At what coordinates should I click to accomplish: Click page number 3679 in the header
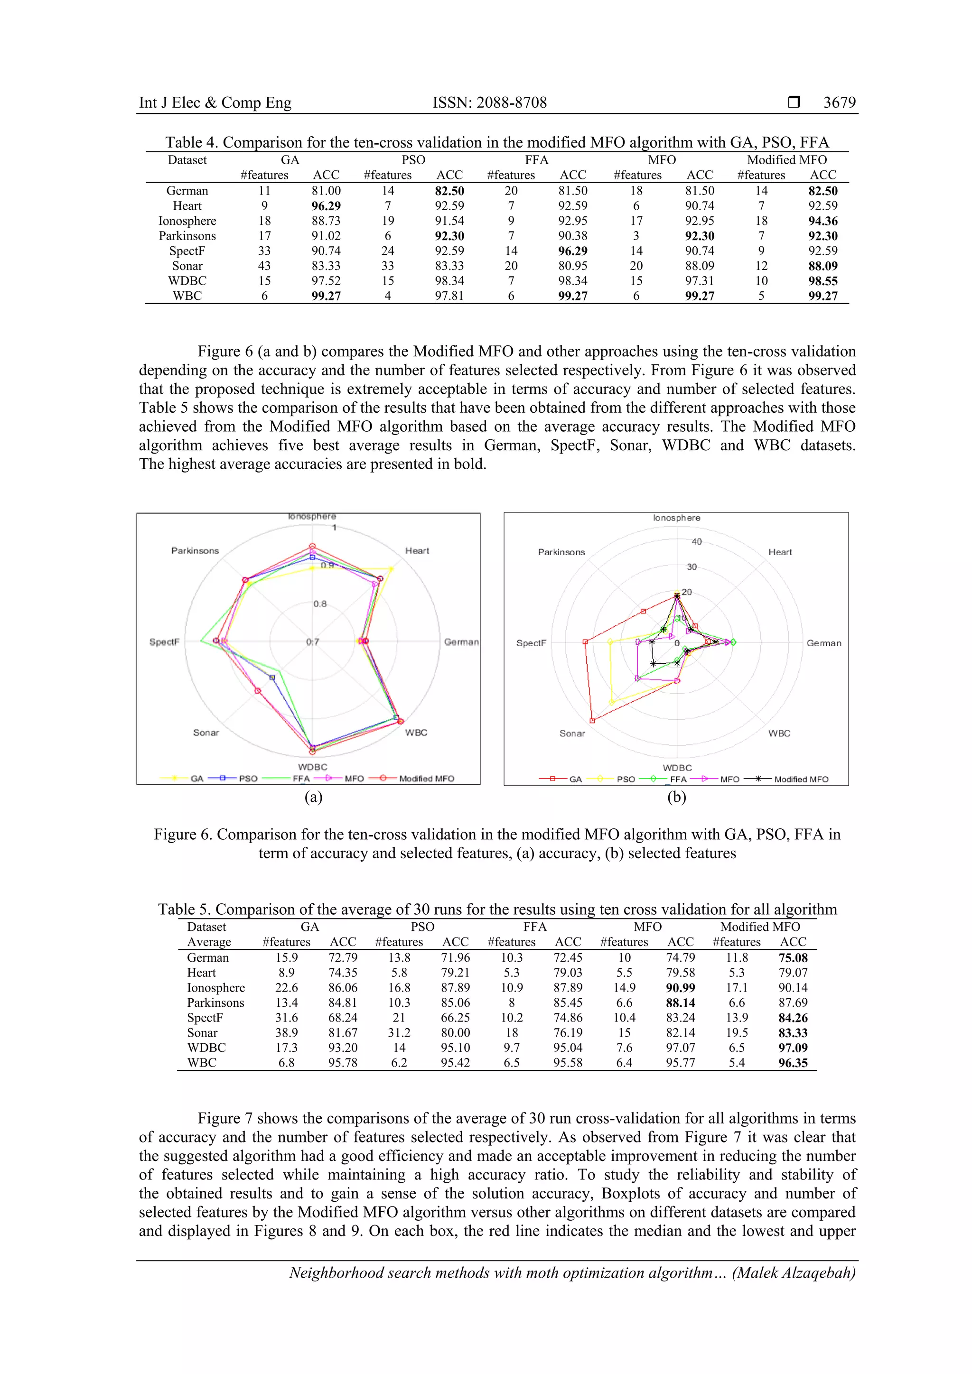[839, 102]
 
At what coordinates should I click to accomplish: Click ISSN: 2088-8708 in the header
[490, 102]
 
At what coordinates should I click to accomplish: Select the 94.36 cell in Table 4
[822, 221]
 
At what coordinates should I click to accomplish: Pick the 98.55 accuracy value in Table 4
[822, 281]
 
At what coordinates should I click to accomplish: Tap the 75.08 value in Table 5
[793, 957]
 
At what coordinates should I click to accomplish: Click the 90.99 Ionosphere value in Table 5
[680, 987]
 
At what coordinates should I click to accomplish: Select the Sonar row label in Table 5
[202, 1032]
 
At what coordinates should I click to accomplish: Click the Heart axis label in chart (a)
[417, 550]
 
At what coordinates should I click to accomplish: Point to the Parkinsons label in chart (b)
[561, 552]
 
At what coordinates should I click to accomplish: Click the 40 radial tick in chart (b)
[697, 541]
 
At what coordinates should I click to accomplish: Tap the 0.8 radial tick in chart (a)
[320, 604]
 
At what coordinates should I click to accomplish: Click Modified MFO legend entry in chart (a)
[426, 779]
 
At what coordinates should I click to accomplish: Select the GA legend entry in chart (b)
[575, 779]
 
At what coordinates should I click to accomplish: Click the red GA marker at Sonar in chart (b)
[592, 721]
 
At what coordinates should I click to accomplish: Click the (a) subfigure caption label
[313, 797]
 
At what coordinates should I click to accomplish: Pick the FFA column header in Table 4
[536, 160]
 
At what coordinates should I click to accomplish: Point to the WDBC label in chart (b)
[677, 767]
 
